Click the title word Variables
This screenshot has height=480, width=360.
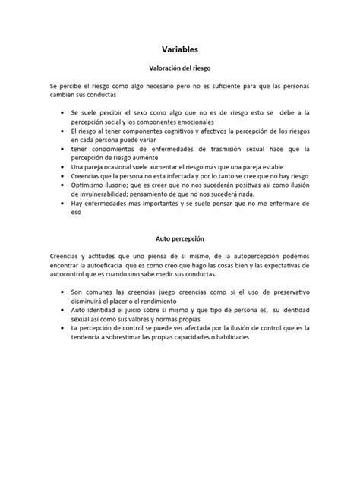pyautogui.click(x=179, y=49)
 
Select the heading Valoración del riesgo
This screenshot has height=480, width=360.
pyautogui.click(x=179, y=68)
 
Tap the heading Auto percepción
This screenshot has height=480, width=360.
pyautogui.click(x=179, y=238)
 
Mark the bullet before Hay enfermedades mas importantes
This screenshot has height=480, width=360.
pyautogui.click(x=63, y=204)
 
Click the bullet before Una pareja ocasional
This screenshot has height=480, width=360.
pyautogui.click(x=63, y=167)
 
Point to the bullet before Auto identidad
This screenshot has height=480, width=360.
pyautogui.click(x=63, y=311)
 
